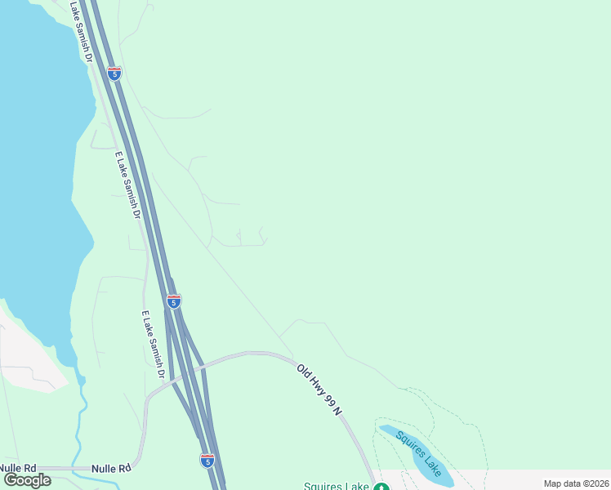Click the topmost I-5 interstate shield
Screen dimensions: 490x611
click(114, 73)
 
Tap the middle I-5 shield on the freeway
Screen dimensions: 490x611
click(173, 301)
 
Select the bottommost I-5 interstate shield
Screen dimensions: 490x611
click(207, 460)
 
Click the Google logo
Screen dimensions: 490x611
click(27, 479)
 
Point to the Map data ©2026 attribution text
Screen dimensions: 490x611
click(576, 483)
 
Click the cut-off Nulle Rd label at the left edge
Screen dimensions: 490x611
click(18, 468)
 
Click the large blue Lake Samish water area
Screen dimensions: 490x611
click(37, 163)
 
